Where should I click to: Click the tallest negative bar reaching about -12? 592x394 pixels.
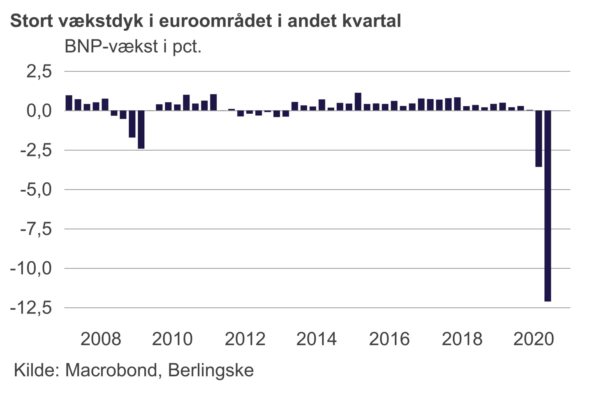548,205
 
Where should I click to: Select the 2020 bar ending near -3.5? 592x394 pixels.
539,139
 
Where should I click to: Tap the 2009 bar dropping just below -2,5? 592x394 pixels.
141,129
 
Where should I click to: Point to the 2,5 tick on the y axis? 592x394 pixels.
39,71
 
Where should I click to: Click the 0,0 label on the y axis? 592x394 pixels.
39,111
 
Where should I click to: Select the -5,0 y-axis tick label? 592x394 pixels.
36,190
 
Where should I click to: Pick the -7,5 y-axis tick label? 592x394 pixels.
36,229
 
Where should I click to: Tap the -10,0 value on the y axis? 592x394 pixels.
31,268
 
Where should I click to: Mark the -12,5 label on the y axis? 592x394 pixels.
31,308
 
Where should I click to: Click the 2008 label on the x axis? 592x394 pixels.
101,339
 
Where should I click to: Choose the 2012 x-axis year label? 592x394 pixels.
245,339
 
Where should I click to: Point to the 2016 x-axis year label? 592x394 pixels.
389,339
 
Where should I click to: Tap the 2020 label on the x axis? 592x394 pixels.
534,339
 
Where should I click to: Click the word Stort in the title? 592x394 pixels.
31,21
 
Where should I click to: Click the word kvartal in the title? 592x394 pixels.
371,21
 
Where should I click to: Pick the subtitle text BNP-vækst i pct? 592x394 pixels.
133,47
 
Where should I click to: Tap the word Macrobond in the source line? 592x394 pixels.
111,370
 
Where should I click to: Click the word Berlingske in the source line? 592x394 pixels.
211,370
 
